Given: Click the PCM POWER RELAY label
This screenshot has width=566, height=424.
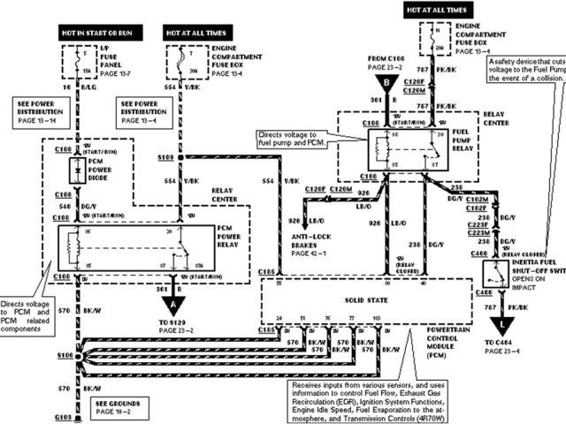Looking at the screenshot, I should [x=233, y=237].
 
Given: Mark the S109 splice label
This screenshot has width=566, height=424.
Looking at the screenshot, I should [x=164, y=156].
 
